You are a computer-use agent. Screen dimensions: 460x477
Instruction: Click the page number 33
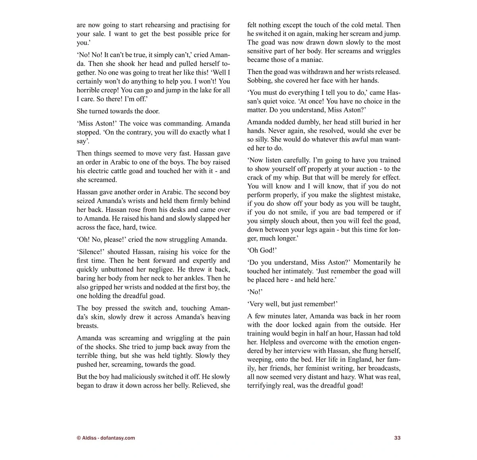[x=397, y=438]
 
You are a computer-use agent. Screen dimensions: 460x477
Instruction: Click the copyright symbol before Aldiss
[x=78, y=438]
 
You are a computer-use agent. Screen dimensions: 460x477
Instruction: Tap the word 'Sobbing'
[x=260, y=81]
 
